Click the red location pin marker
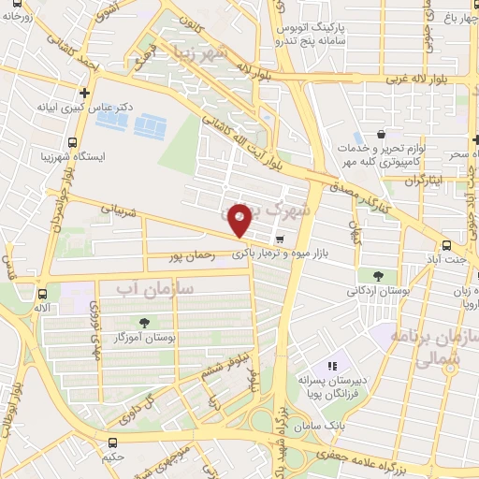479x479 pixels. click(239, 219)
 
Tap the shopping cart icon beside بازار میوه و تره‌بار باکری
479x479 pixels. click(280, 239)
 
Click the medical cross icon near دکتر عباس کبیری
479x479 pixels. click(86, 93)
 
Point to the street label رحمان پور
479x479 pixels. click(193, 253)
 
